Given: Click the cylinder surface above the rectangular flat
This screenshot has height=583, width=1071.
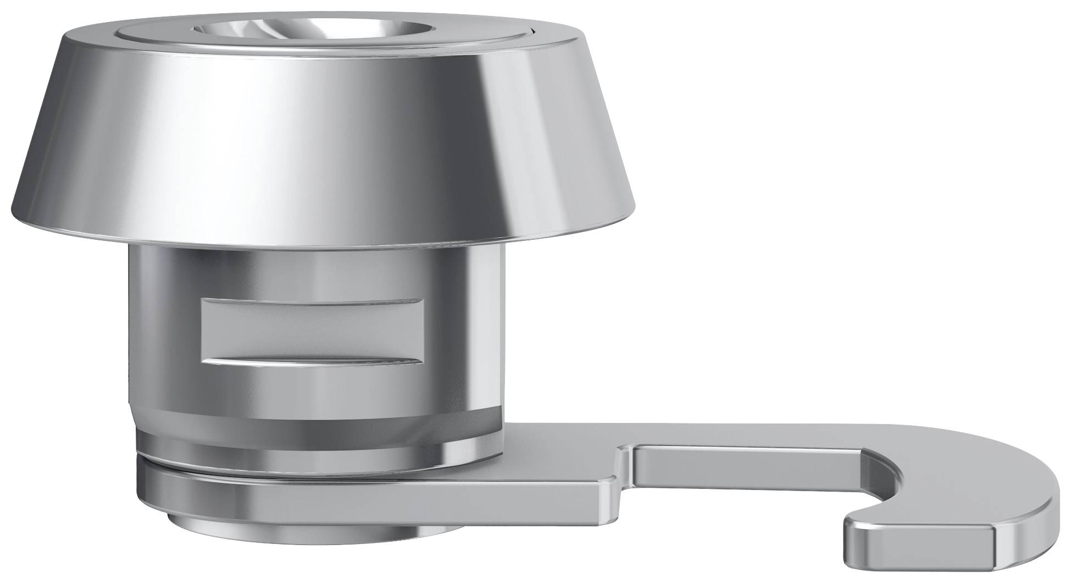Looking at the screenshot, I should pos(313,272).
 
